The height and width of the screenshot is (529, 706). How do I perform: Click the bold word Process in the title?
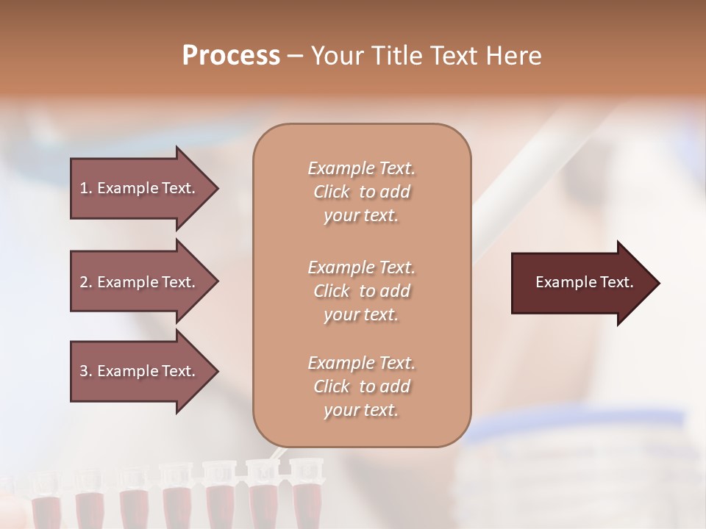(x=231, y=55)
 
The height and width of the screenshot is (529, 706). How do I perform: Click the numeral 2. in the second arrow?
(x=86, y=282)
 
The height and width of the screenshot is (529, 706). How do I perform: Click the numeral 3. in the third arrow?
(x=86, y=371)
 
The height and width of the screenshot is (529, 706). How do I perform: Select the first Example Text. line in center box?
(x=361, y=168)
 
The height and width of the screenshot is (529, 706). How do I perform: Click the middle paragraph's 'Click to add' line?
(x=361, y=291)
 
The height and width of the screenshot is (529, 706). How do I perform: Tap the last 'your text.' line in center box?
(x=361, y=410)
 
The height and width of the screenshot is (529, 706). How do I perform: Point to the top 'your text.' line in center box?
(x=361, y=216)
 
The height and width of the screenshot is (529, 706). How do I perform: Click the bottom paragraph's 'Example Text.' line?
(x=361, y=363)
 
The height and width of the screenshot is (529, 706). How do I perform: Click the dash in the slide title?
(x=295, y=55)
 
